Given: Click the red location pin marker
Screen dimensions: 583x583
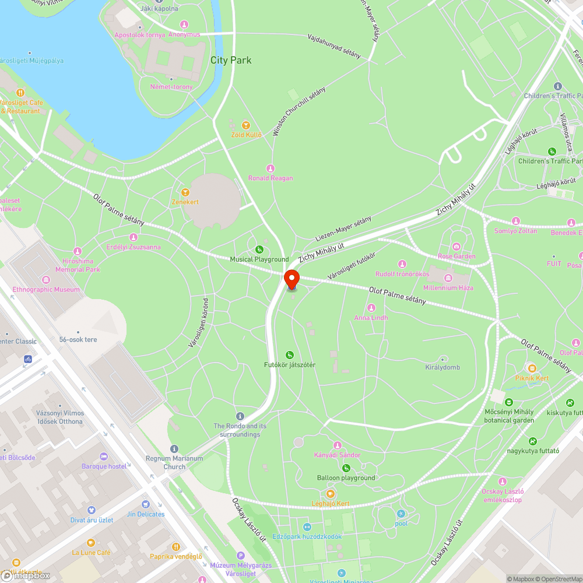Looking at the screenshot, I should pyautogui.click(x=291, y=279).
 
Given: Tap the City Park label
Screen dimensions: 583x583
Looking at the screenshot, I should pyautogui.click(x=231, y=60).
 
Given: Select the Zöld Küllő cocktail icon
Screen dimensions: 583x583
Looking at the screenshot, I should pyautogui.click(x=246, y=125).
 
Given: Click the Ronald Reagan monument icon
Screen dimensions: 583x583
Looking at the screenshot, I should pyautogui.click(x=270, y=168).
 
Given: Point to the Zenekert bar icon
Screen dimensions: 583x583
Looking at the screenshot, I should pyautogui.click(x=185, y=192).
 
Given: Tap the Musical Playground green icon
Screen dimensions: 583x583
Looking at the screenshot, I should pyautogui.click(x=259, y=250).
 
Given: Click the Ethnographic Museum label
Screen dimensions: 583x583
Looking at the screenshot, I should pyautogui.click(x=46, y=289).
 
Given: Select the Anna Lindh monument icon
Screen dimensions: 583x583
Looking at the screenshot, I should pyautogui.click(x=371, y=308).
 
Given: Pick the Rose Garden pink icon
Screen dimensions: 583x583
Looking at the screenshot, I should pyautogui.click(x=456, y=247).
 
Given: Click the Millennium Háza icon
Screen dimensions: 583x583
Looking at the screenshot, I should pyautogui.click(x=448, y=278).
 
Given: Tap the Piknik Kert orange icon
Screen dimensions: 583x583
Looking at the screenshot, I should pyautogui.click(x=532, y=368).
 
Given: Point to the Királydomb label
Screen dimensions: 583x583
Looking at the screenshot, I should pyautogui.click(x=442, y=367).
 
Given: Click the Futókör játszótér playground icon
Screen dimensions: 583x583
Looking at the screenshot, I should pyautogui.click(x=289, y=355).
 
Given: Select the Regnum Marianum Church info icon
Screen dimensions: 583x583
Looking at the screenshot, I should pyautogui.click(x=174, y=448).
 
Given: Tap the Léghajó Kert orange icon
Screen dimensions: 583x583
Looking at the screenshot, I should pyautogui.click(x=330, y=494).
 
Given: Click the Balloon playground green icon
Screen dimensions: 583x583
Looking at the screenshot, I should pyautogui.click(x=346, y=468).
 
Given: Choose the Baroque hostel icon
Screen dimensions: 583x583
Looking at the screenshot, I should pyautogui.click(x=104, y=456).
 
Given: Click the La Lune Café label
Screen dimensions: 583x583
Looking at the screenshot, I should pyautogui.click(x=91, y=552).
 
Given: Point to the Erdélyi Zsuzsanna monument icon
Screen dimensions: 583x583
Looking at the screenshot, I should pyautogui.click(x=134, y=237).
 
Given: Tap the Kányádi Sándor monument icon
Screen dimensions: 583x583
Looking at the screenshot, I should pyautogui.click(x=337, y=445).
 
